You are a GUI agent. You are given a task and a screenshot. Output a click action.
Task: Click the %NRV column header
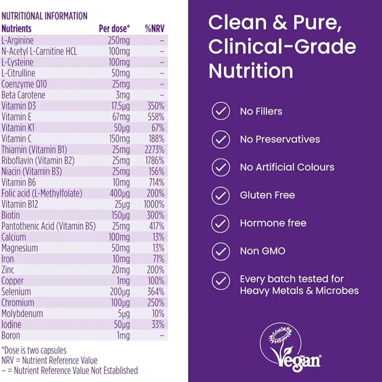point(155,29)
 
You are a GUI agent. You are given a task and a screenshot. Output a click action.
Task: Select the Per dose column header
point(114,29)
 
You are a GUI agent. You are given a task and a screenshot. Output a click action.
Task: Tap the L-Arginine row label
point(17,40)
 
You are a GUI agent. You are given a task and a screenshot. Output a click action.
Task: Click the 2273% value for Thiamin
point(154,150)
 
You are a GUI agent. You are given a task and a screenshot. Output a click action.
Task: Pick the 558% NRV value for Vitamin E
point(156,117)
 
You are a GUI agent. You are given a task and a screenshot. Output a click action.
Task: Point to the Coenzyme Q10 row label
point(24,84)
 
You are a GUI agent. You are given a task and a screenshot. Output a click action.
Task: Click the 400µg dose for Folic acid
point(120,194)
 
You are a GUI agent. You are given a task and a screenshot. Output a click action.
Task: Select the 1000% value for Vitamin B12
point(154,204)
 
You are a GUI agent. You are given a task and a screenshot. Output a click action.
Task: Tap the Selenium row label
point(16,291)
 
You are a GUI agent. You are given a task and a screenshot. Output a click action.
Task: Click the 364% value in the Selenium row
point(156,291)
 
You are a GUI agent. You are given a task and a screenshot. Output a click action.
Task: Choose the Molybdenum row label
point(22,314)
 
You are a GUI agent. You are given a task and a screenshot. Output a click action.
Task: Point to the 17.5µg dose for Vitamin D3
point(120,106)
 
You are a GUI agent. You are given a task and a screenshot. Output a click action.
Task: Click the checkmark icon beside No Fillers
point(221,111)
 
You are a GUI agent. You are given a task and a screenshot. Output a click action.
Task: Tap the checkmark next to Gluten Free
point(221,195)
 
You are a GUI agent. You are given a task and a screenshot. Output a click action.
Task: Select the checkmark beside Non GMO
point(221,251)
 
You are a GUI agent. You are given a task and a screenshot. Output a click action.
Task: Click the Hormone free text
point(273,223)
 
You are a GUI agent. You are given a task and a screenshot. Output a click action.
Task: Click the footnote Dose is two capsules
point(34,350)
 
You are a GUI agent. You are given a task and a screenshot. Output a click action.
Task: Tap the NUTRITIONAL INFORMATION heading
point(44,16)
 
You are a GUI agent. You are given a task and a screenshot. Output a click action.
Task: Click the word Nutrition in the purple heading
point(251,71)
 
